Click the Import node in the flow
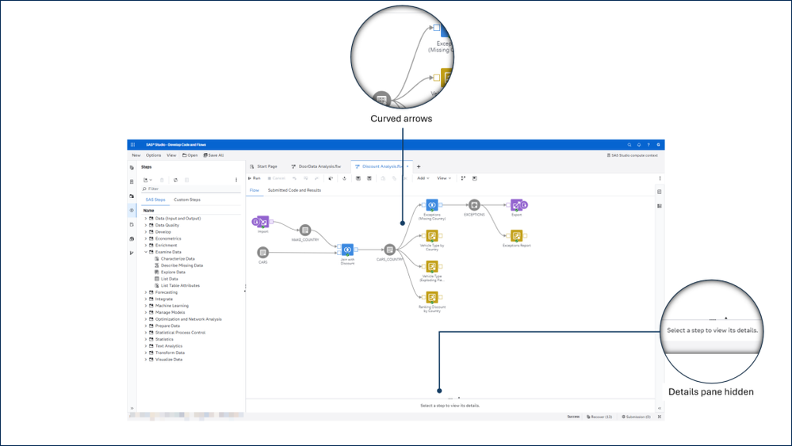(x=262, y=221)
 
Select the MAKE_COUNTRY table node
(x=304, y=230)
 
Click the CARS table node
(x=262, y=253)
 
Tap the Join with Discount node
(x=347, y=250)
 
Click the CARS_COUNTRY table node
(x=389, y=250)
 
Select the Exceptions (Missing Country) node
(x=432, y=205)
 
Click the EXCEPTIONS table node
(x=474, y=205)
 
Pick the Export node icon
(x=517, y=205)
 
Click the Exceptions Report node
(x=516, y=235)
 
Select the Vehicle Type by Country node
(x=432, y=235)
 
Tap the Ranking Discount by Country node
(x=432, y=297)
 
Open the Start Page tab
(x=266, y=166)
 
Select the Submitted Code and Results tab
(x=294, y=190)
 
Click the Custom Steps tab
(x=187, y=200)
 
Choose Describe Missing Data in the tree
(x=182, y=265)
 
